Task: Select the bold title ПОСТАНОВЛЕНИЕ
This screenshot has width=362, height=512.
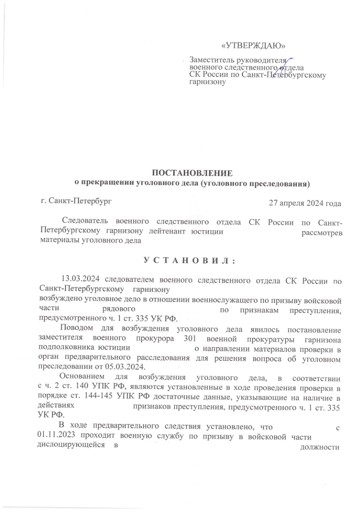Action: pyautogui.click(x=192, y=173)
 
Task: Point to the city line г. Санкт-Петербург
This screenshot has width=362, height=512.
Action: pyautogui.click(x=76, y=200)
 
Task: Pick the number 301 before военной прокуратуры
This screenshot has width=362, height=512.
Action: pyautogui.click(x=189, y=339)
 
